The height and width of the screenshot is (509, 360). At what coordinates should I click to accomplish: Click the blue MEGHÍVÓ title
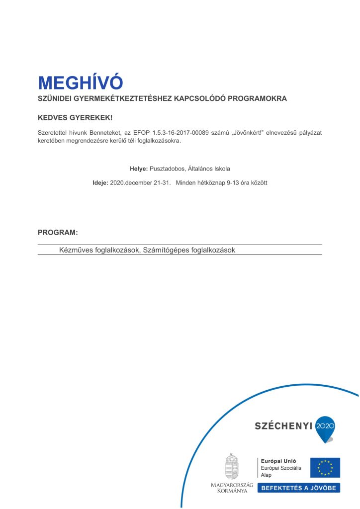pyautogui.click(x=80, y=82)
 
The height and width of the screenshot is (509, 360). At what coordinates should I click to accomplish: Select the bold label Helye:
pyautogui.click(x=139, y=169)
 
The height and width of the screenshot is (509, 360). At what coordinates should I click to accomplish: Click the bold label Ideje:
pyautogui.click(x=100, y=182)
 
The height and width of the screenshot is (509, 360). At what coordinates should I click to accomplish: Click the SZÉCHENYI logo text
pyautogui.click(x=283, y=425)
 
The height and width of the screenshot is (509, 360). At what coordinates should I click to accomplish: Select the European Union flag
pyautogui.click(x=325, y=468)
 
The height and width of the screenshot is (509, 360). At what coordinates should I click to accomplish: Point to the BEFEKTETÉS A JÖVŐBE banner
pyautogui.click(x=298, y=488)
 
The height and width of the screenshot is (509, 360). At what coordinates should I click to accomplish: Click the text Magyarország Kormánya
pyautogui.click(x=232, y=488)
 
